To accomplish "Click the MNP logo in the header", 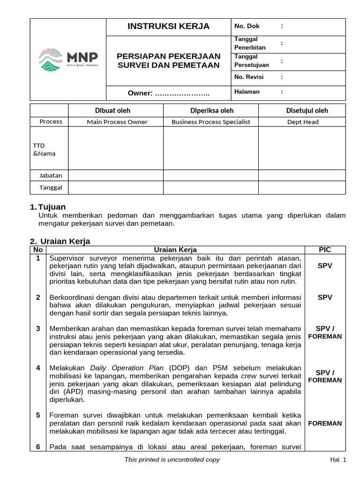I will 68,60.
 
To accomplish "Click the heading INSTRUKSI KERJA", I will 168,26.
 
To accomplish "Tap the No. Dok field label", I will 247,26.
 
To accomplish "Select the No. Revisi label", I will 249,77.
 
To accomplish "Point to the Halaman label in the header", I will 247,92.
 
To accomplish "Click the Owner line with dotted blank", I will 168,93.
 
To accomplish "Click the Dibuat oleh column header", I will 116,111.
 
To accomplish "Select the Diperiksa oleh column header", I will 211,111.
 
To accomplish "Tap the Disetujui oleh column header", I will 307,111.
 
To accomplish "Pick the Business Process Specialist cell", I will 211,122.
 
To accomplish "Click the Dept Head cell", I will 302,122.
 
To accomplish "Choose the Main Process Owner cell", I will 117,122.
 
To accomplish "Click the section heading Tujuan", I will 52,207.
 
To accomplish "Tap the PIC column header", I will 325,250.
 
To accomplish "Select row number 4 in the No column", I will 38,368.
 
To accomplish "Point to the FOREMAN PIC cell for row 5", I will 325,423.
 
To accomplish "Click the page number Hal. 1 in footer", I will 337,460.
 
